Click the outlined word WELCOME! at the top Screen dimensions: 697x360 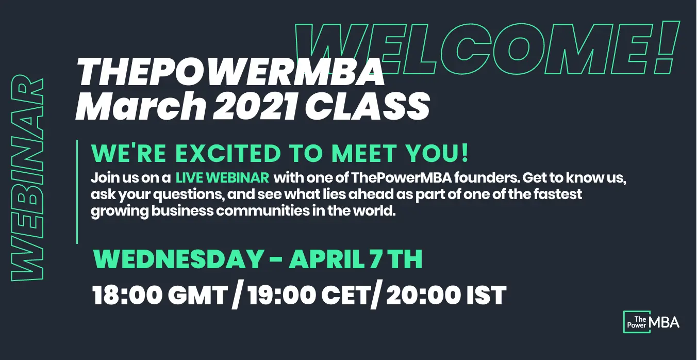[487, 48]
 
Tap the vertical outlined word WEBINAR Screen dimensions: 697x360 [27, 178]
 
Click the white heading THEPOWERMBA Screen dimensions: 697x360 [230, 72]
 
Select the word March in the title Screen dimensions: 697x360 [141, 106]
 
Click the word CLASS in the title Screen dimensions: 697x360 [368, 106]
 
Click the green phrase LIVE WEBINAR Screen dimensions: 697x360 [223, 178]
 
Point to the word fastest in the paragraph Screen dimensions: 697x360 [558, 194]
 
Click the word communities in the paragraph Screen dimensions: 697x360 [263, 211]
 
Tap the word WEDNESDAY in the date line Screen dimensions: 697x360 [178, 259]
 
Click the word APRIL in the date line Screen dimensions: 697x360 [327, 259]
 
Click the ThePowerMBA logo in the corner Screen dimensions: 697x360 [651, 322]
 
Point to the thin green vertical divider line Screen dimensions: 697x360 [77, 192]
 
